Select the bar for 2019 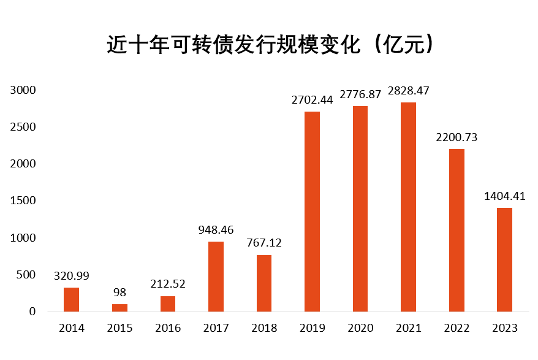(x=313, y=212)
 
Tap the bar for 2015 (x=119, y=308)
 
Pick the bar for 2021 (x=409, y=207)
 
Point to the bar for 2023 (x=505, y=259)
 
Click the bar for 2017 (x=216, y=277)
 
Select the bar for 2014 (x=72, y=299)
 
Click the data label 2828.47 (x=409, y=91)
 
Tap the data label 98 (x=119, y=293)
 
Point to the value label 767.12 (x=264, y=243)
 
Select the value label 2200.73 (x=457, y=137)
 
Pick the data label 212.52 (x=168, y=285)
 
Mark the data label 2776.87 (x=360, y=94)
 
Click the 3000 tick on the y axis (x=24, y=90)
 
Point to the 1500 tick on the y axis (x=24, y=201)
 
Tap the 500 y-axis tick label (x=27, y=275)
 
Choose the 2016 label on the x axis (x=168, y=328)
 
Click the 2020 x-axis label (x=360, y=328)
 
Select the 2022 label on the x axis (x=457, y=328)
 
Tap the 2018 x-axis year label (x=264, y=328)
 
